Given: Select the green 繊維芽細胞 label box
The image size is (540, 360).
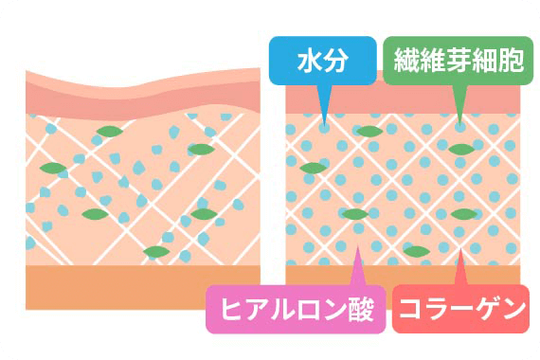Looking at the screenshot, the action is click(456, 63).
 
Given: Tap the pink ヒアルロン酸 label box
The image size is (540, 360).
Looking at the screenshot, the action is click(296, 309).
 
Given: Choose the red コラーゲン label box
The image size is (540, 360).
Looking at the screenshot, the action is click(459, 309).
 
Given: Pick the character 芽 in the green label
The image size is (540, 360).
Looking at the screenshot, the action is click(456, 63).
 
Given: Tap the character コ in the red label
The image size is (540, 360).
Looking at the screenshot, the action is click(410, 309).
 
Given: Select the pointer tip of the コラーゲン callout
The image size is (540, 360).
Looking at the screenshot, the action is click(461, 249).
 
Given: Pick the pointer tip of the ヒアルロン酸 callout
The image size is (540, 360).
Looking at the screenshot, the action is click(356, 249).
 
